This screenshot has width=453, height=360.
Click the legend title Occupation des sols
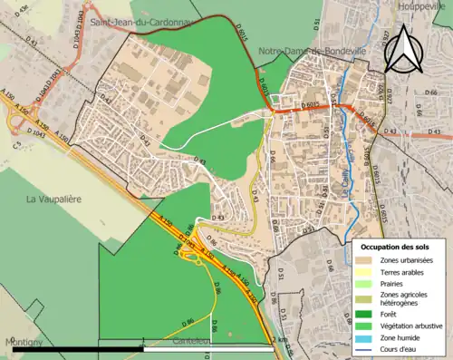pos(396,247)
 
